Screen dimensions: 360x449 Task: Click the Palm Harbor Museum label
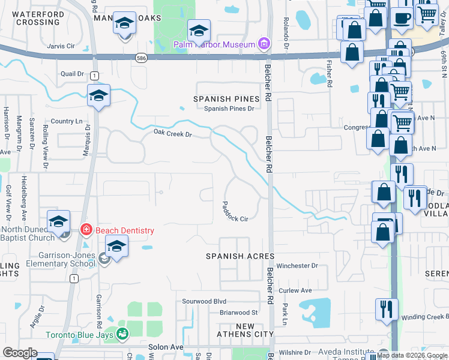pos(214,44)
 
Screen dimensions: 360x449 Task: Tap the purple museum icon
pos(262,43)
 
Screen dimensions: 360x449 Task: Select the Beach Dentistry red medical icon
pos(86,230)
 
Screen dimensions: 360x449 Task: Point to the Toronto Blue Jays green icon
pos(122,334)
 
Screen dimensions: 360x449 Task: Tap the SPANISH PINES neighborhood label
pos(226,98)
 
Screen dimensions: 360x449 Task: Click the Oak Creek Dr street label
pos(172,133)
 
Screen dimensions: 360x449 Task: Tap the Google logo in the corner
pos(20,353)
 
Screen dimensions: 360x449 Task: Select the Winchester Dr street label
pos(297,266)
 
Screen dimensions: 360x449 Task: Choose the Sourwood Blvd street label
pos(204,301)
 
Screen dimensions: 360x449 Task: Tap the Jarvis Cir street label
pos(60,45)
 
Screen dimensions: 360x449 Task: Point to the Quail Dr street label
pos(72,74)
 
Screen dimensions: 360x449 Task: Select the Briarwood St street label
pos(238,313)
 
